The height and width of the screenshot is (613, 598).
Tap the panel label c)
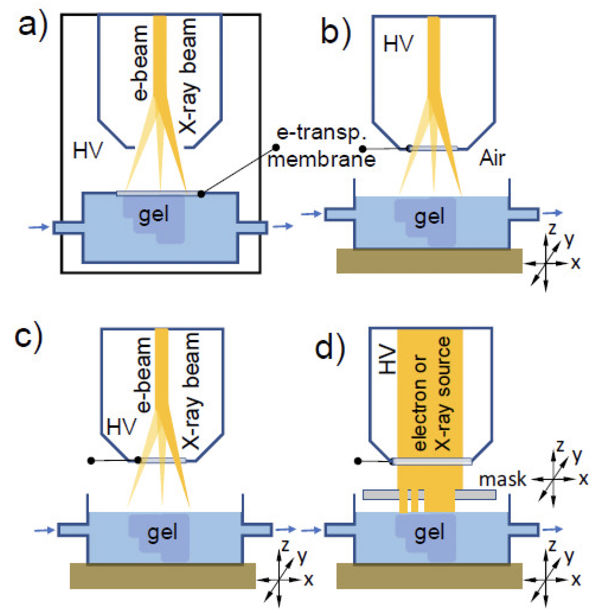[29, 337]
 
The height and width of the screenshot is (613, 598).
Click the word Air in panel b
[492, 158]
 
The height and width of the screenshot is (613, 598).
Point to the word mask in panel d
[502, 480]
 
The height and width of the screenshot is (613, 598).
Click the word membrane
[322, 160]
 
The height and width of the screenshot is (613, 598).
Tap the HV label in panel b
[398, 44]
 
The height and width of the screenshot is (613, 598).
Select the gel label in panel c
[162, 532]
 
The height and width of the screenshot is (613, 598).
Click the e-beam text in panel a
[140, 63]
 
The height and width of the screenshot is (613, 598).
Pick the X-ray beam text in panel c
[191, 391]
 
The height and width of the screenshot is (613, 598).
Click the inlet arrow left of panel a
[39, 227]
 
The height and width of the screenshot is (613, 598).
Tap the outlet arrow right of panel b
[553, 213]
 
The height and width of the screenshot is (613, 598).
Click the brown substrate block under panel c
[163, 576]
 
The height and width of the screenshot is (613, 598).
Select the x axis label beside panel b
[575, 263]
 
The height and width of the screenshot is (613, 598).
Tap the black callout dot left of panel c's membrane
[91, 461]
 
